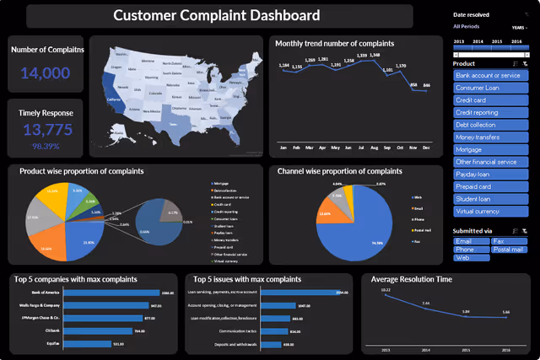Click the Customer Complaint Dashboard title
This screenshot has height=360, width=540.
217,15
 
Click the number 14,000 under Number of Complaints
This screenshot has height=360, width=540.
46,73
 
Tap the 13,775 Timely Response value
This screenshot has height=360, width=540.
46,130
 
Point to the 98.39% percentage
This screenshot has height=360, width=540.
46,146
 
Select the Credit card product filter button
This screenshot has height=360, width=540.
490,99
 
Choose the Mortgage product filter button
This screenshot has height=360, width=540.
490,148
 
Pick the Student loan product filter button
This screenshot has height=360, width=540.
490,198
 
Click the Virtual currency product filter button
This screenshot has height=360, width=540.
490,210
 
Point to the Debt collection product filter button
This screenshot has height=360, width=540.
490,124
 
